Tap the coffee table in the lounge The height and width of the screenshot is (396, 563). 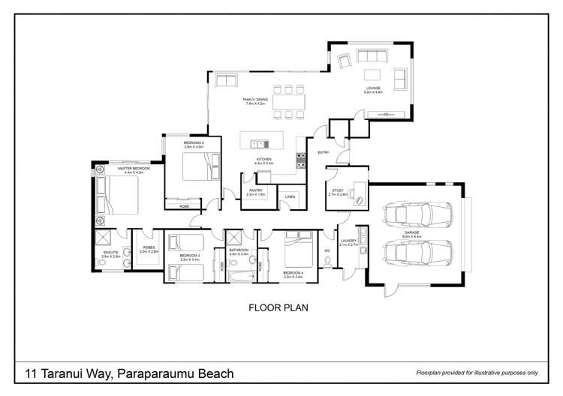click(x=373, y=73)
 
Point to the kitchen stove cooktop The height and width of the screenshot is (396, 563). click(x=302, y=160)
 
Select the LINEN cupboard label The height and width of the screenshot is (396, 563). click(x=290, y=196)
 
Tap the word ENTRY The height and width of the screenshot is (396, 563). click(x=324, y=153)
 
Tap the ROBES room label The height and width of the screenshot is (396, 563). click(x=148, y=247)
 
